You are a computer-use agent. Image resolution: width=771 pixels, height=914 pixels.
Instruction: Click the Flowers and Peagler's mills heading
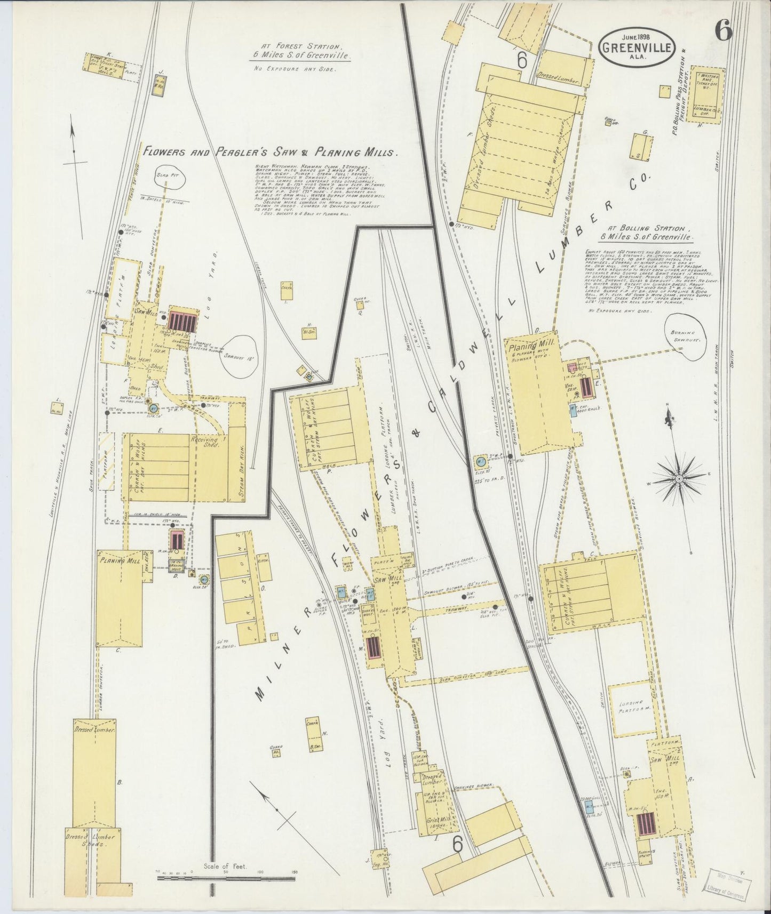(x=269, y=152)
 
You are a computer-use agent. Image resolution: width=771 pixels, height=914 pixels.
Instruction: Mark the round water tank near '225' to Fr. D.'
(x=480, y=461)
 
